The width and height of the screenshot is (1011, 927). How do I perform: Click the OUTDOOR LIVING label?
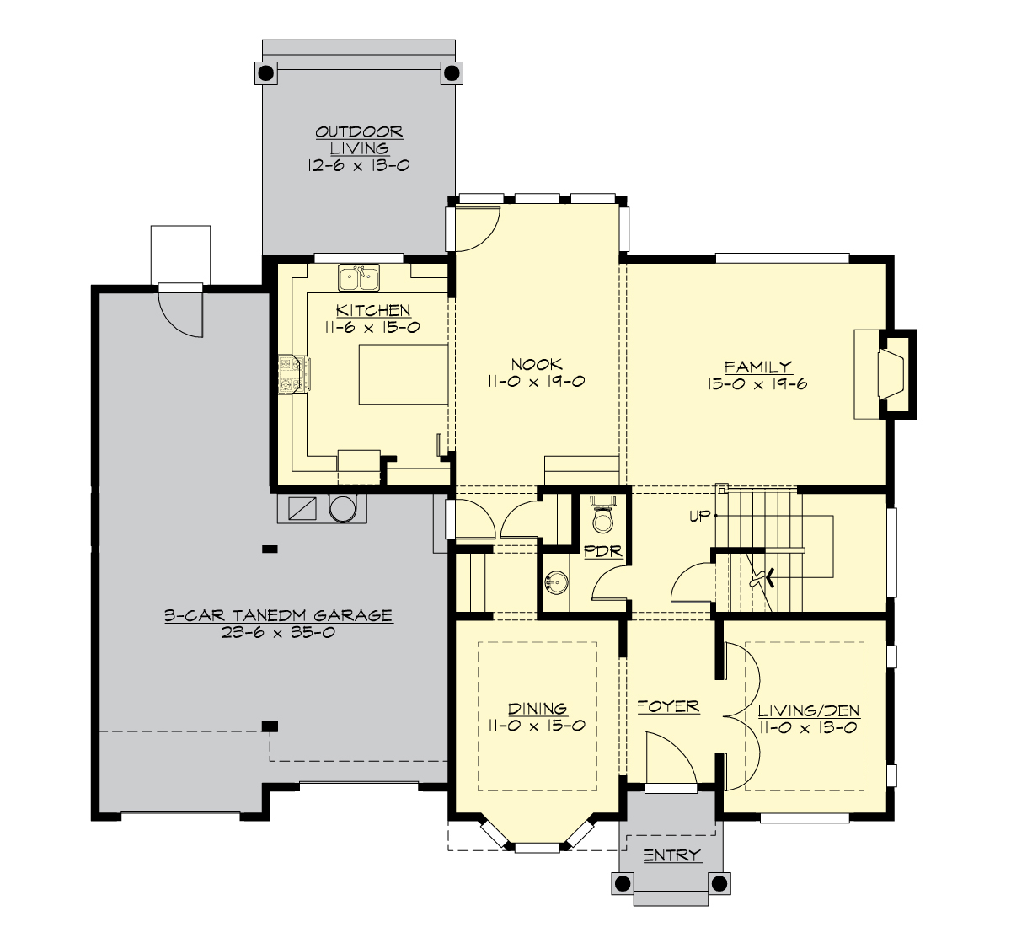[x=359, y=140]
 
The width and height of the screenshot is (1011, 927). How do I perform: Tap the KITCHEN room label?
[x=373, y=310]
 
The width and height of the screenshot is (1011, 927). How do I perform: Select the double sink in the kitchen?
[x=359, y=276]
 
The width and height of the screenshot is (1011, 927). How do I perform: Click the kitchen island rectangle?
[x=403, y=374]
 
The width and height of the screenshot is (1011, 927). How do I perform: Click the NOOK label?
[x=537, y=364]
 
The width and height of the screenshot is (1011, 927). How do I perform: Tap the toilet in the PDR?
[x=603, y=516]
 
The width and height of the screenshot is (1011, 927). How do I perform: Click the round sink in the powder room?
[x=554, y=581]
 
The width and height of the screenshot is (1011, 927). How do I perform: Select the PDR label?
[x=602, y=552]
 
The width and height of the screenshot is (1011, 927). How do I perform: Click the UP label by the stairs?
[x=699, y=517]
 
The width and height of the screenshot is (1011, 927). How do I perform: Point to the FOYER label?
[x=668, y=706]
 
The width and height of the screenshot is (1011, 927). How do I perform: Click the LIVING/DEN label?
[x=808, y=710]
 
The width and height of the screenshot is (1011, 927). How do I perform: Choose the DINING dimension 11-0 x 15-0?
[x=537, y=726]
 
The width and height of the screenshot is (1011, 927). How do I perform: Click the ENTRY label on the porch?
[x=671, y=855]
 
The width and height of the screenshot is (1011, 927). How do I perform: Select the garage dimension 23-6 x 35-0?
[x=278, y=632]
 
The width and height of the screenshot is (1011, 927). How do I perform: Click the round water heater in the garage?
[x=343, y=508]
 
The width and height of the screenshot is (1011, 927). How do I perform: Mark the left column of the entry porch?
[x=623, y=883]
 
